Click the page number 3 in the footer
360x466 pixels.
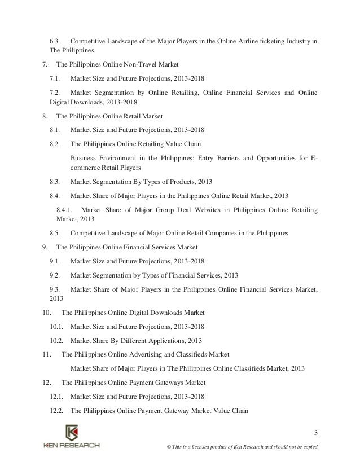pos(316,433)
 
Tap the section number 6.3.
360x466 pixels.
pos(55,41)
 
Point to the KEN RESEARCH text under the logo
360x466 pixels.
pos(72,445)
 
